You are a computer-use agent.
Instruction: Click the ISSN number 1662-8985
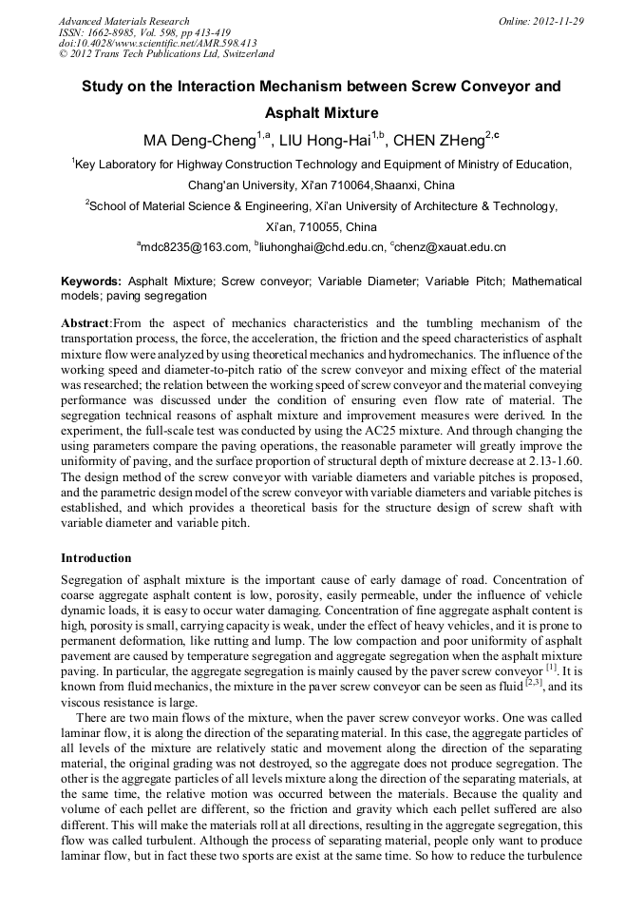point(111,32)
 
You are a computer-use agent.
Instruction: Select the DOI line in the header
point(158,43)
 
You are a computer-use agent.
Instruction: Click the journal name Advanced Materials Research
point(123,21)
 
